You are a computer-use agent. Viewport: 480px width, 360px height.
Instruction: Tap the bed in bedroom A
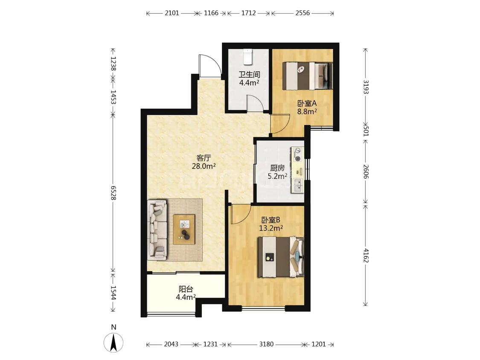pos(307,76)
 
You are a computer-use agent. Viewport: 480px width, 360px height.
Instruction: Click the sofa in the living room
pos(157,230)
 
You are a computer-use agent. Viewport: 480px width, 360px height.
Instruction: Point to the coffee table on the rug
pos(184,229)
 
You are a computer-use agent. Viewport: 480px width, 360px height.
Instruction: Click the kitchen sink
pos(298,186)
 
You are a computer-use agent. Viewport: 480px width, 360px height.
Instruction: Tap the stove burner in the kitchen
pos(297,154)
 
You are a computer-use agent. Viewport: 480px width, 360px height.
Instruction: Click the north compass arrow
pos(113,342)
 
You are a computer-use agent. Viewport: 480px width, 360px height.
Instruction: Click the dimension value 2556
pos(303,13)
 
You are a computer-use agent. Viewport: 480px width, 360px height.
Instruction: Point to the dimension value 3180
pos(266,344)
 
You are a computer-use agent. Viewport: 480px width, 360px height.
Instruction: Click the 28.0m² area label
pos(204,166)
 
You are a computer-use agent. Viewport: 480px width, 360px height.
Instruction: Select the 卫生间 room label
pos(250,74)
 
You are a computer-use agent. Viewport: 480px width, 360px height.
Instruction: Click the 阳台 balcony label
pos(186,289)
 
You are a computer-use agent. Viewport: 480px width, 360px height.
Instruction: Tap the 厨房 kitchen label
pos(277,168)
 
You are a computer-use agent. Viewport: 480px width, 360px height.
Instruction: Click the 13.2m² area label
pos(271,228)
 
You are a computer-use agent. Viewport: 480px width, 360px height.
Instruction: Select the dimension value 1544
pos(113,293)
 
